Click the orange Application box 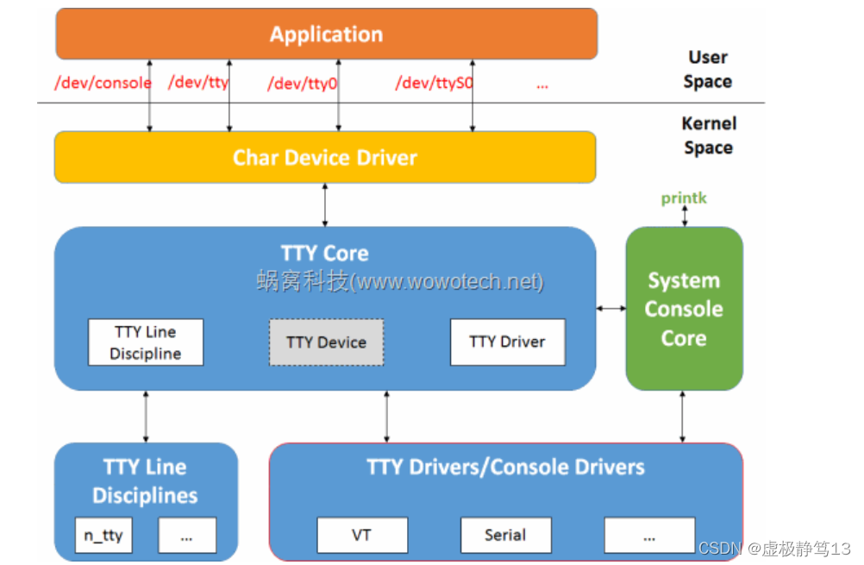(x=326, y=35)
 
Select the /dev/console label (x=103, y=83)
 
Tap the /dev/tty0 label (x=301, y=84)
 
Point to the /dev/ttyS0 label (x=434, y=84)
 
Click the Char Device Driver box (x=325, y=158)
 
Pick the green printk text (x=684, y=198)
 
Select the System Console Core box (x=684, y=309)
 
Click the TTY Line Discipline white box (x=146, y=342)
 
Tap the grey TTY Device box (x=326, y=342)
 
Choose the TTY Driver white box (x=507, y=342)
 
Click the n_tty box (x=103, y=536)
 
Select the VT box (x=361, y=535)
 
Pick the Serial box (x=505, y=535)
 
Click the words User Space (x=707, y=69)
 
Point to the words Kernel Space (x=708, y=135)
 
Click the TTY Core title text (x=324, y=254)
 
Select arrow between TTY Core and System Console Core (x=610, y=308)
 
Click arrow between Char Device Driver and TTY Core (x=325, y=204)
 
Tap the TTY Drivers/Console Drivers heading (x=505, y=468)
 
